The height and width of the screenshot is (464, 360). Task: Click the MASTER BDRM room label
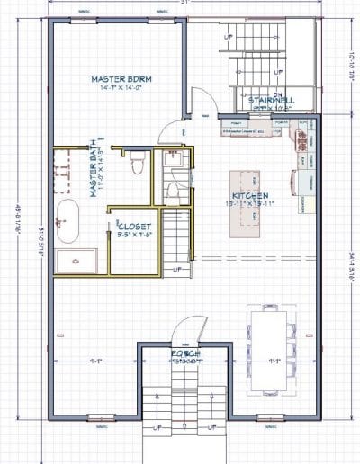pyautogui.click(x=122, y=79)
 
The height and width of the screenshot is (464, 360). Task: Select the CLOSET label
pyautogui.click(x=135, y=227)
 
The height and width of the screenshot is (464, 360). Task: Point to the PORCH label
pyautogui.click(x=184, y=354)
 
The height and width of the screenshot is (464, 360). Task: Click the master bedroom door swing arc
pyautogui.click(x=169, y=135)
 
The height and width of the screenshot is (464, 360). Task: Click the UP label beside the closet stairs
pyautogui.click(x=177, y=269)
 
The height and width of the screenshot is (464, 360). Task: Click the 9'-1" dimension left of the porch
pyautogui.click(x=95, y=362)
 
